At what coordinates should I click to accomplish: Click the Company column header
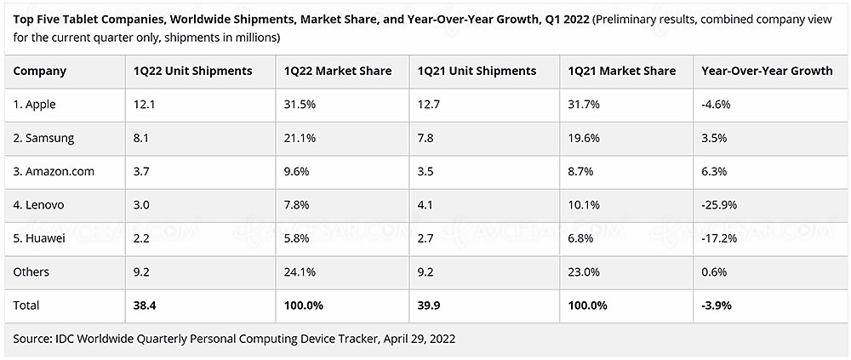click(x=40, y=71)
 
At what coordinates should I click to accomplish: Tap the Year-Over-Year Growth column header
click(x=767, y=71)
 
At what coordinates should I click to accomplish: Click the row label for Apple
click(x=37, y=105)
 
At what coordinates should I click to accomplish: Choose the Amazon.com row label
click(x=54, y=171)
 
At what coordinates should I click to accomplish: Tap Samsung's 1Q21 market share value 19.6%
click(x=585, y=138)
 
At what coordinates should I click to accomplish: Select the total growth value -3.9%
click(x=717, y=305)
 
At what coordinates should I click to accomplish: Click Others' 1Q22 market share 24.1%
click(x=300, y=271)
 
